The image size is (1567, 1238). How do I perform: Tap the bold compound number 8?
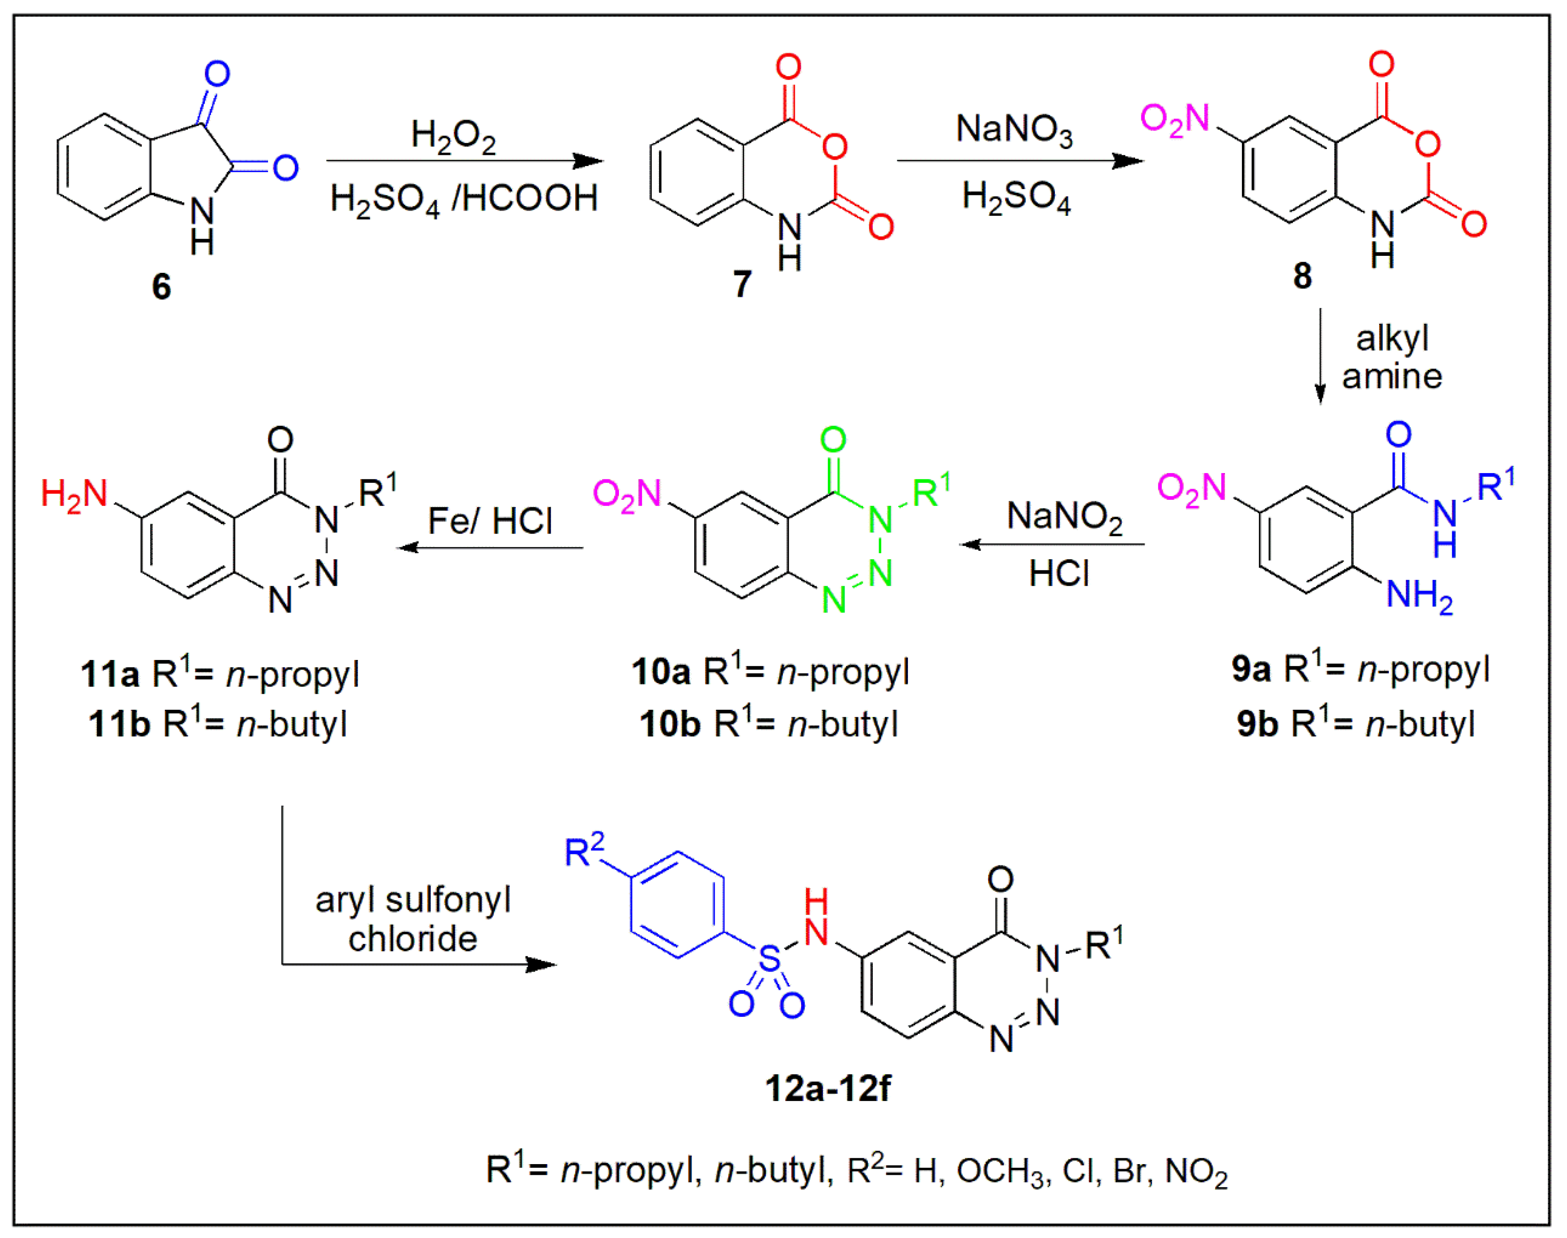[1302, 276]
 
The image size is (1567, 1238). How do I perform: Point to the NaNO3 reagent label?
[1014, 130]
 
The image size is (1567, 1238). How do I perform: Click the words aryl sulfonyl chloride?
[413, 919]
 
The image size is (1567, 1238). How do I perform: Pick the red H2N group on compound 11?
[74, 494]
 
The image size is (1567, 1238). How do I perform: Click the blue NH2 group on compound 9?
[1419, 596]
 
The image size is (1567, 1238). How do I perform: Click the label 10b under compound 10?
[669, 724]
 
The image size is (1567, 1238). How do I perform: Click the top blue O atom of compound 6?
[217, 73]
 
